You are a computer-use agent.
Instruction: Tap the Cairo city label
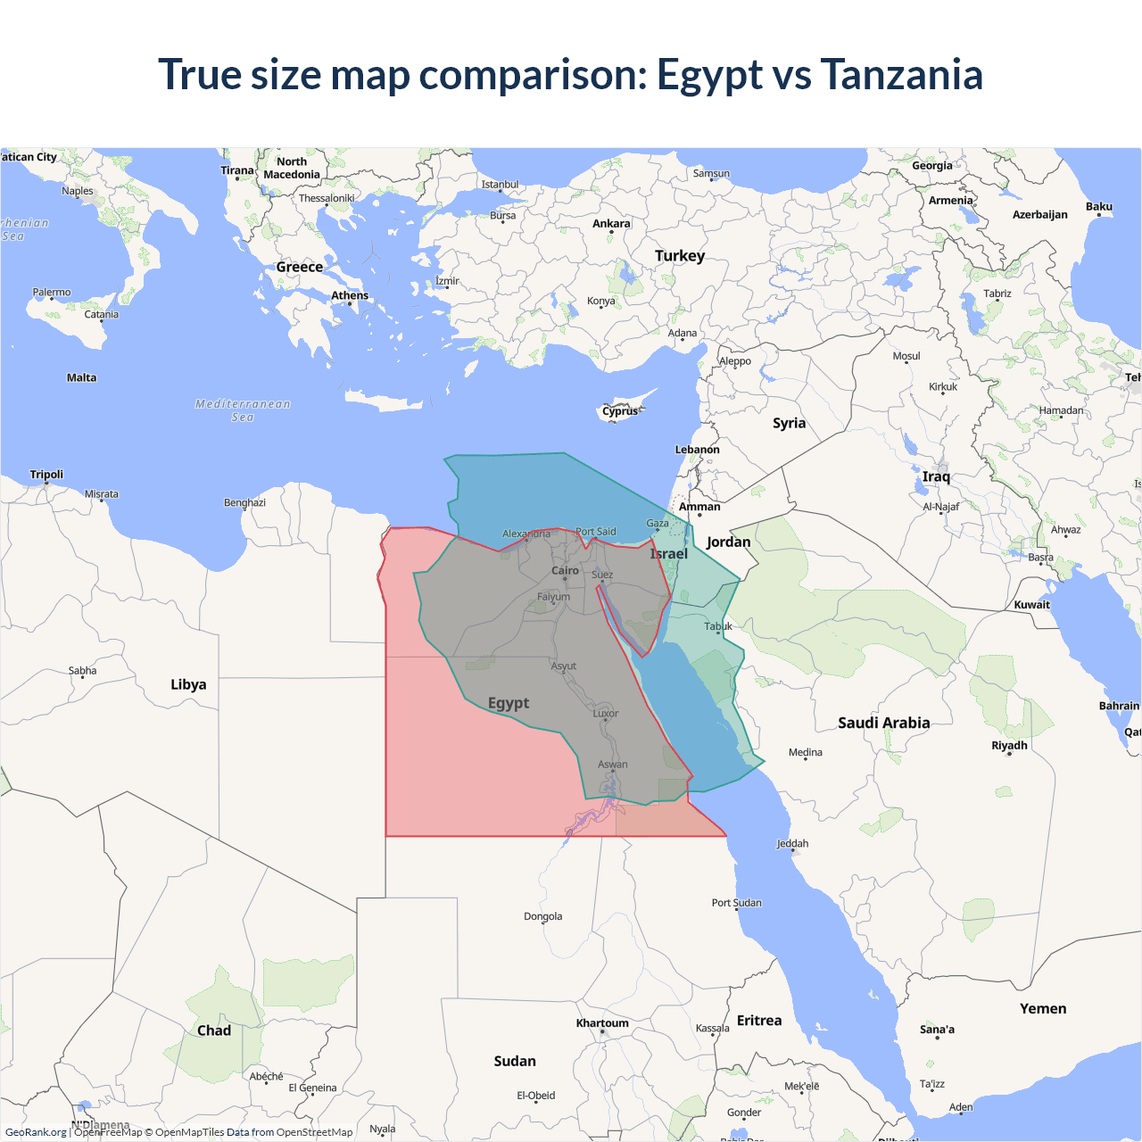[x=565, y=570]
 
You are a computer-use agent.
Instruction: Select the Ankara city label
[x=611, y=223]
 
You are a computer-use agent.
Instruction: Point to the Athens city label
[x=350, y=295]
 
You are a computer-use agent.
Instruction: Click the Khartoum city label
[x=602, y=1023]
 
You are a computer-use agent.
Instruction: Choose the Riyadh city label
[x=1009, y=745]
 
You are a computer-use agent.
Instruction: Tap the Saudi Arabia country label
[x=883, y=723]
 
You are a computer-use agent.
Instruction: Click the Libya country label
[x=188, y=684]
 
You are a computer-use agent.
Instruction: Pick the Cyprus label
[x=620, y=411]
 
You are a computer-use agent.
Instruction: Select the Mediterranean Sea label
[x=243, y=410]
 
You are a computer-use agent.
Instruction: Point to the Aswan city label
[x=613, y=764]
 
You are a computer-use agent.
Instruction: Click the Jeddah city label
[x=792, y=843]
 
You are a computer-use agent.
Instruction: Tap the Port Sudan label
[x=737, y=902]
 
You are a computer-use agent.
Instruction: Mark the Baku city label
[x=1099, y=206]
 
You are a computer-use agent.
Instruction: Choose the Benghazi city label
[x=244, y=502]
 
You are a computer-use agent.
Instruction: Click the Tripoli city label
[x=46, y=474]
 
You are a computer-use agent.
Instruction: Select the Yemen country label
[x=1043, y=1008]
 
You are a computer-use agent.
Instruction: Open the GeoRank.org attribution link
[x=36, y=1132]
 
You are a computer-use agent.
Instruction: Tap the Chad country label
[x=214, y=1030]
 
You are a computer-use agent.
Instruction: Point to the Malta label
[x=81, y=377]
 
